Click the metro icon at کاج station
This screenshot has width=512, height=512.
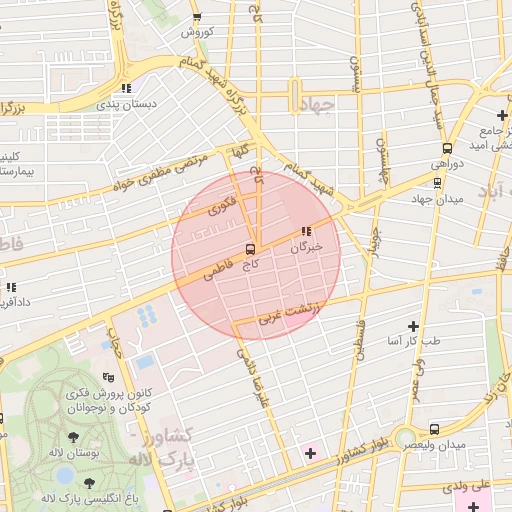point(250,247)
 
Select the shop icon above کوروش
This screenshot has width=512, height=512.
point(197,17)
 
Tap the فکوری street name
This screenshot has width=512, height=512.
point(221,207)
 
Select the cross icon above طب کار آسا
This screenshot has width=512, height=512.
point(413,326)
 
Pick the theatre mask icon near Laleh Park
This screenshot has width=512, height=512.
point(109,377)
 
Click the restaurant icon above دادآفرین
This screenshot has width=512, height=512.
point(12,288)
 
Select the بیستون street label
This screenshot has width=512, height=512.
point(352,71)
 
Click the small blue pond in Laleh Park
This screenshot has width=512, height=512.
point(145,361)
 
